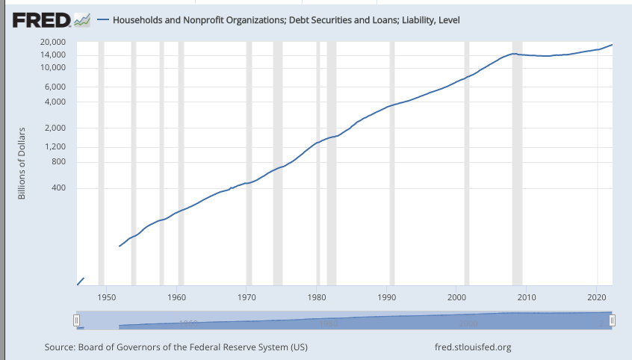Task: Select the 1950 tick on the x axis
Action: [x=107, y=297]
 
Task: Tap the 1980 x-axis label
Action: [x=317, y=297]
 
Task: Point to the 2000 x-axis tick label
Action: [x=457, y=297]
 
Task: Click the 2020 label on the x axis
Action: [x=597, y=297]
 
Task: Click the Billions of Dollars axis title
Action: [x=22, y=163]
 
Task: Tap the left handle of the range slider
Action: [x=76, y=320]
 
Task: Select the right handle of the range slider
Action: [x=612, y=320]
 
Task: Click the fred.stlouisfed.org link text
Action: [x=472, y=347]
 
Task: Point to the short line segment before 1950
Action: [x=80, y=281]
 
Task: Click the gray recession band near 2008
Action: [x=516, y=164]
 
